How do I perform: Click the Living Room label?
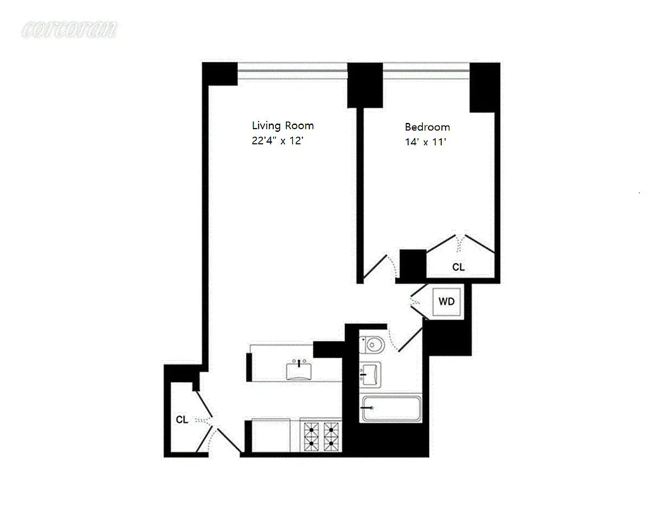coord(283,125)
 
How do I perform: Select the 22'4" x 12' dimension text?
coord(283,142)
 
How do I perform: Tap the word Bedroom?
coord(427,127)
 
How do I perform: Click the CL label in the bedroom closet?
coord(458,267)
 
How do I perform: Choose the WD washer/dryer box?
coord(447,302)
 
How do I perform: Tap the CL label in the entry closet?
coord(182,420)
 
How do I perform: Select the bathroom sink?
coord(370,374)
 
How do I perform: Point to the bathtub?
coord(391,409)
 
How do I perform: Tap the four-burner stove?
coord(321,437)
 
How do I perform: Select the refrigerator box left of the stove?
coord(271,436)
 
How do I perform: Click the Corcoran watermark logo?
coord(69,29)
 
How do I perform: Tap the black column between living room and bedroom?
coord(364,85)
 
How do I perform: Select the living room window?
coord(292,67)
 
